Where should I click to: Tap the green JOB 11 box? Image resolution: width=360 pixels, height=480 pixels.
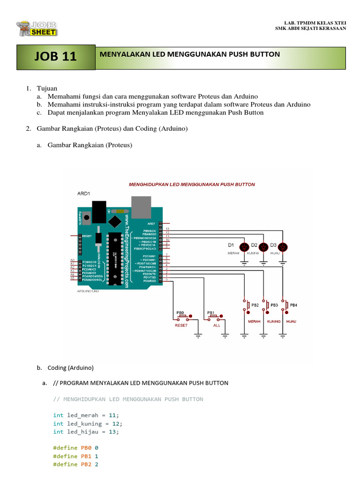pyautogui.click(x=55, y=57)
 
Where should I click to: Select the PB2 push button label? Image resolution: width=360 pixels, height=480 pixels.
pyautogui.click(x=255, y=305)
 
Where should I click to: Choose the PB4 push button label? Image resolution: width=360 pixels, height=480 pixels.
pyautogui.click(x=293, y=305)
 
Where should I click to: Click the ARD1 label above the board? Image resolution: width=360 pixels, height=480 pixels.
pyautogui.click(x=84, y=193)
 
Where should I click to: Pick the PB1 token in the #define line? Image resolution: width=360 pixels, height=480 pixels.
pyautogui.click(x=85, y=456)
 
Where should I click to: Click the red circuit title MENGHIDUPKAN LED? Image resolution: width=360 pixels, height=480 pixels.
pyautogui.click(x=192, y=185)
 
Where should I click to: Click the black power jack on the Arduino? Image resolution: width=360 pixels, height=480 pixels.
pyautogui.click(x=99, y=211)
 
